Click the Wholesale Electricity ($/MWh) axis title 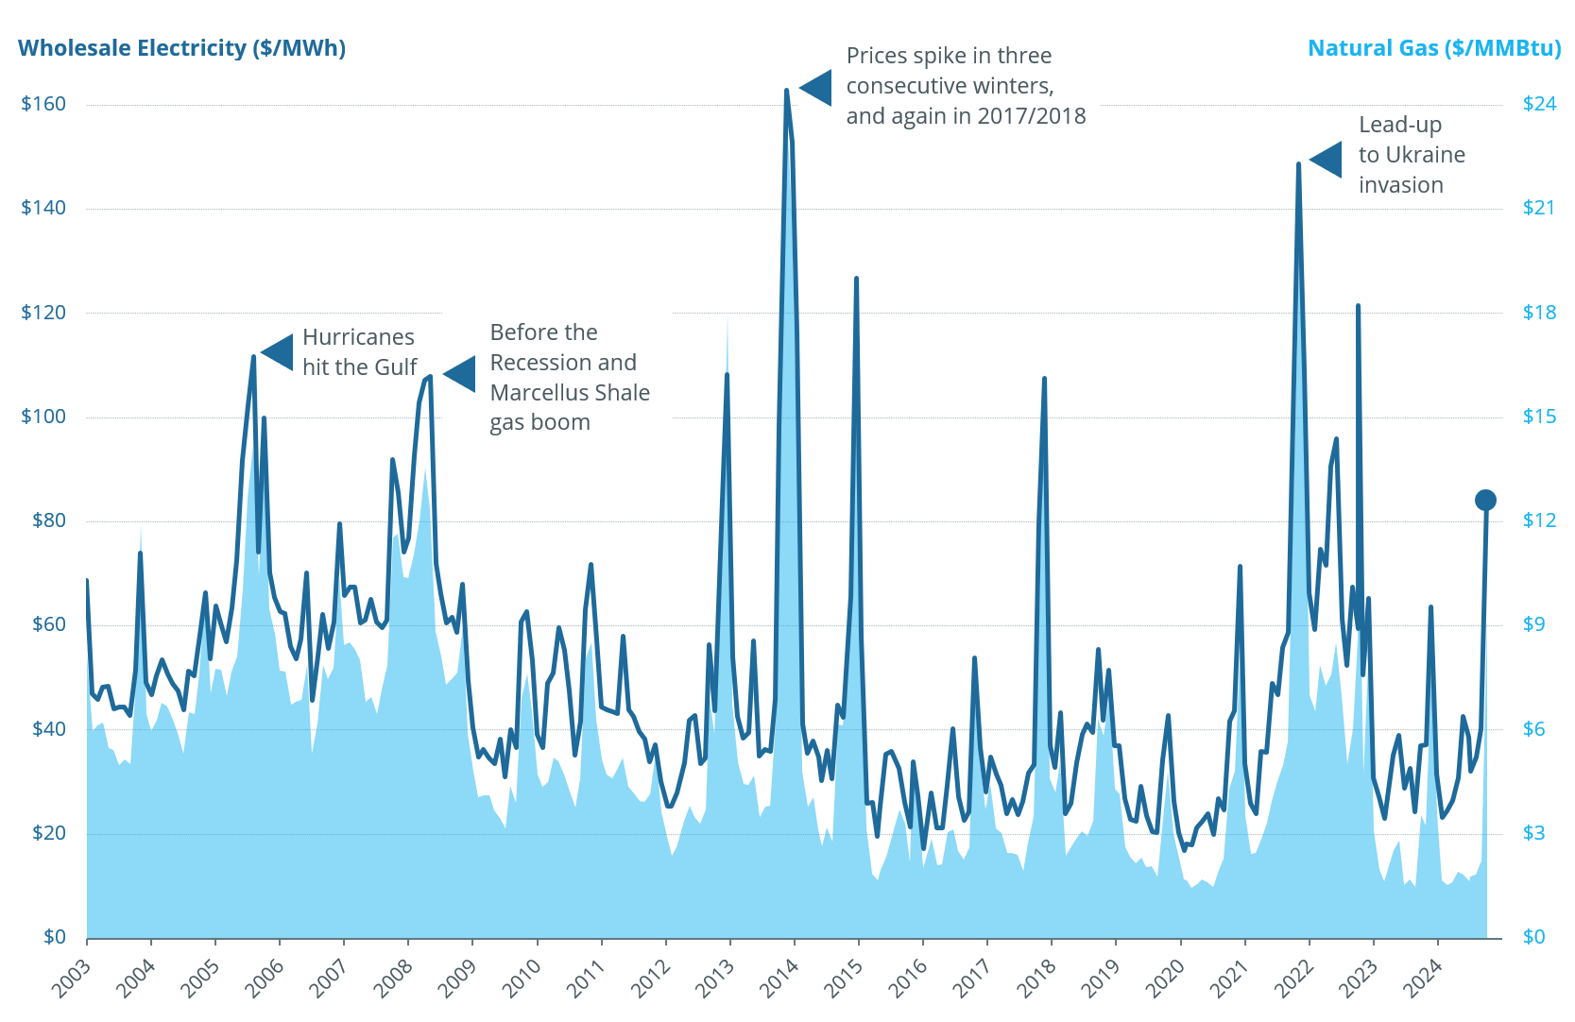click(181, 48)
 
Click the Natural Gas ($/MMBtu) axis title click(1433, 48)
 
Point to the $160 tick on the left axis click(43, 104)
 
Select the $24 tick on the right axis click(1539, 104)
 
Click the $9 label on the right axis click(1533, 624)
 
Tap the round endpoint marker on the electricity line click(1485, 500)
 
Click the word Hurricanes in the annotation click(358, 337)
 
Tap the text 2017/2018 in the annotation click(1032, 116)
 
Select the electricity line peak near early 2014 click(786, 91)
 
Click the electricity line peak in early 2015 click(856, 279)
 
